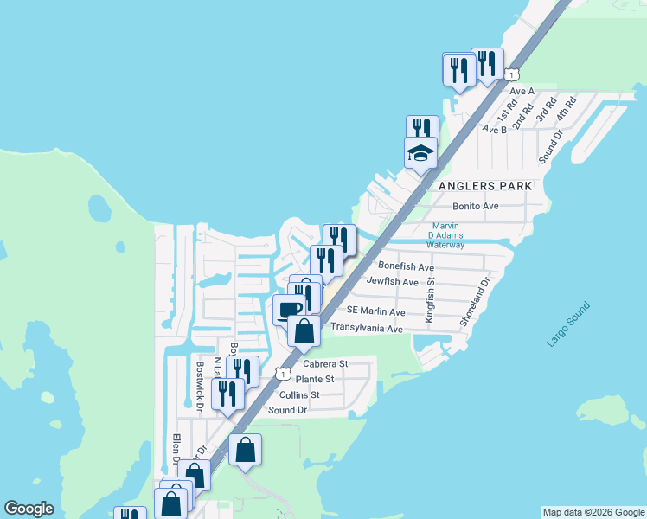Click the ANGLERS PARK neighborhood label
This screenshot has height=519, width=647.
click(484, 186)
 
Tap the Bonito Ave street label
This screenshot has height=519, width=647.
click(476, 206)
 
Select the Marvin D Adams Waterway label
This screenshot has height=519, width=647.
click(447, 235)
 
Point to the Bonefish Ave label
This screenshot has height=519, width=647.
click(406, 267)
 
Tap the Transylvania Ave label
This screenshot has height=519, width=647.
click(367, 329)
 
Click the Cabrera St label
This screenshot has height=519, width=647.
click(324, 364)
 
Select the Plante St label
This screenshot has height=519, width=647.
click(315, 379)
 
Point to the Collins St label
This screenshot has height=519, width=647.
click(299, 394)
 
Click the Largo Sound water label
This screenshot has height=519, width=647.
click(568, 324)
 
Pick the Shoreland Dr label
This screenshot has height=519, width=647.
click(476, 301)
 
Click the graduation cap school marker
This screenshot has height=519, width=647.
click(421, 154)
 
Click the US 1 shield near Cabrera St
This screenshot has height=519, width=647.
click(282, 374)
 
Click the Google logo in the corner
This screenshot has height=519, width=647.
click(29, 509)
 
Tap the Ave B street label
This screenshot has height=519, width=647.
click(494, 130)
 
